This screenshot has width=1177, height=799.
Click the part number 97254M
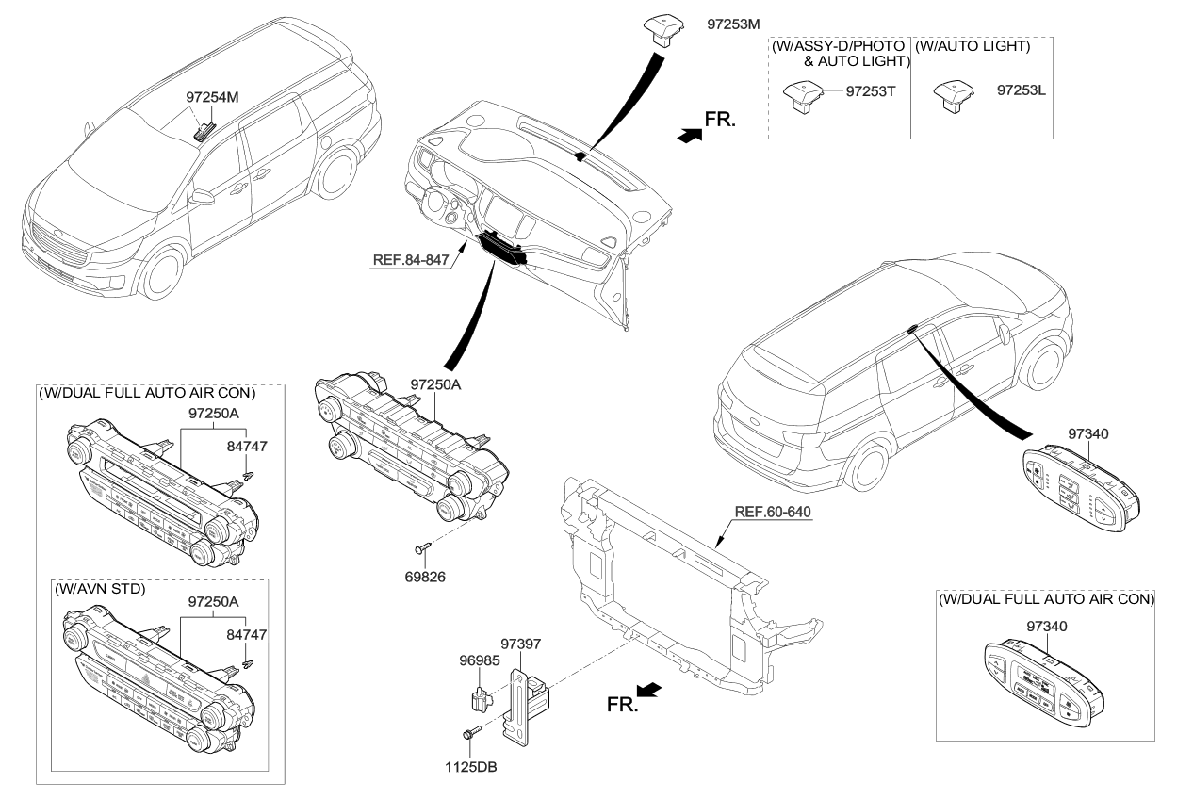click(211, 96)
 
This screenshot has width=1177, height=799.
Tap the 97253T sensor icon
click(801, 95)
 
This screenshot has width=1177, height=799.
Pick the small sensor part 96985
click(480, 699)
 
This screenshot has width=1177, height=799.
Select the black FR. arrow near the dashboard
click(689, 136)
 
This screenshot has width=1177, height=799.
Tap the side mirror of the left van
click(201, 198)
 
